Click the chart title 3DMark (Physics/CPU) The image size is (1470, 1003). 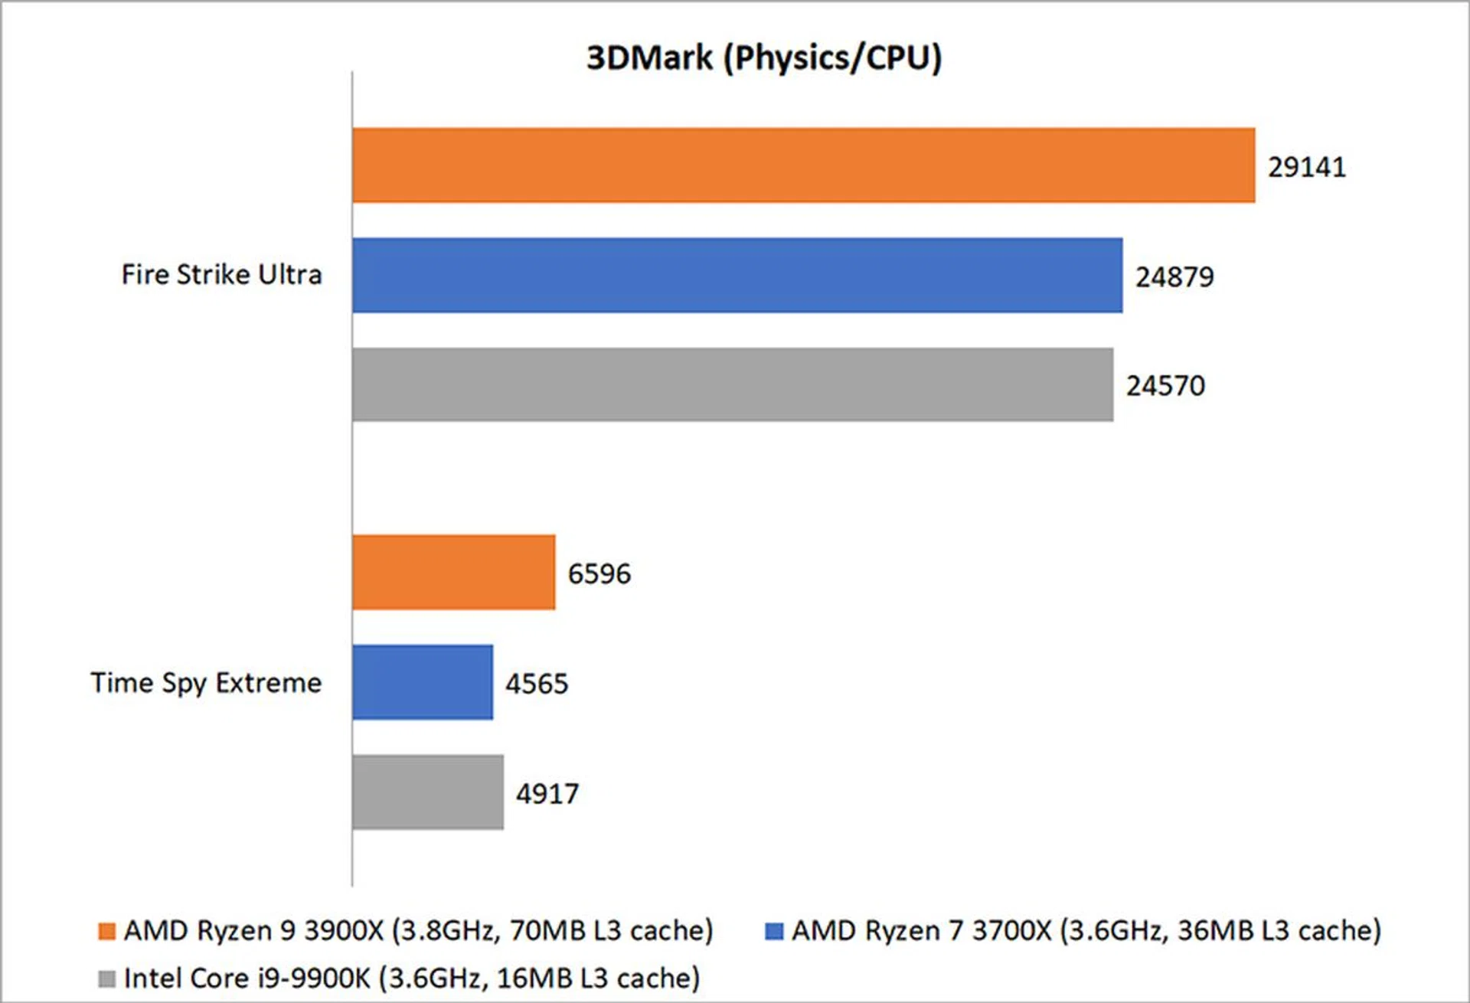764,58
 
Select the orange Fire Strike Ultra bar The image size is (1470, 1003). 803,165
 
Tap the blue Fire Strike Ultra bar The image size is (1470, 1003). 737,275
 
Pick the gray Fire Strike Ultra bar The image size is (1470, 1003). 733,384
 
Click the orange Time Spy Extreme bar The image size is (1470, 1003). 453,572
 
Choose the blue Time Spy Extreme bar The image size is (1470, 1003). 423,682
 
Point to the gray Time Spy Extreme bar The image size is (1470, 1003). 428,792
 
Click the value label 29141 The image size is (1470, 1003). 1306,167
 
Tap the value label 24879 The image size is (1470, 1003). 1174,277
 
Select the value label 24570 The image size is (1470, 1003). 1165,386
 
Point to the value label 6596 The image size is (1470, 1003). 599,574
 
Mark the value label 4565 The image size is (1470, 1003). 537,684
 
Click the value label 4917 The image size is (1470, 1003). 547,794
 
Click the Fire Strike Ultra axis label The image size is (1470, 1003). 222,275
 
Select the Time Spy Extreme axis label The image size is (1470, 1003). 206,683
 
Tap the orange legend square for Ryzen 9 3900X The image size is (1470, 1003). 107,931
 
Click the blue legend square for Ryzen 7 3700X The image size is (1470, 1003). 774,931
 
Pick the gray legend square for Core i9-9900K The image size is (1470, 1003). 107,978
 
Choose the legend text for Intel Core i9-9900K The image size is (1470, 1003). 412,978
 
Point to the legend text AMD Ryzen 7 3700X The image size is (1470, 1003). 1086,931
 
